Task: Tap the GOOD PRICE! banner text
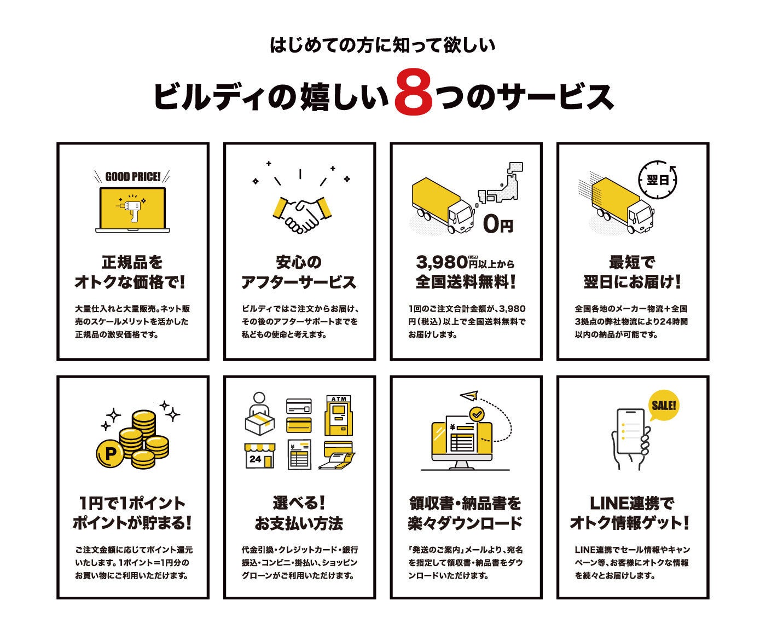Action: pos(132,177)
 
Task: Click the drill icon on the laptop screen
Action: pos(131,207)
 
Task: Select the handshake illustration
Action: pos(299,212)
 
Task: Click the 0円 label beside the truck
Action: pos(498,224)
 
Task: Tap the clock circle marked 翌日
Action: pos(658,179)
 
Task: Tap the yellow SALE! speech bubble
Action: pos(664,406)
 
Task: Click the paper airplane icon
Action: pos(468,396)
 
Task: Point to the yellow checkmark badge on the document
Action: pos(477,414)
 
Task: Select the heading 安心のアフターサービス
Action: pos(299,272)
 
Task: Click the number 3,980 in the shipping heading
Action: pos(442,263)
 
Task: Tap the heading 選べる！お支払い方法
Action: pos(299,513)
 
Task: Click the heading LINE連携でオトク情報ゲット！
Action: pos(630,513)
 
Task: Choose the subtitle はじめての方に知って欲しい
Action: pos(382,45)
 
